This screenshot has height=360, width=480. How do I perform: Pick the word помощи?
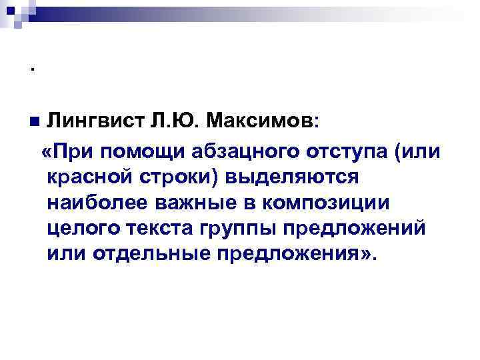(x=134, y=150)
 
